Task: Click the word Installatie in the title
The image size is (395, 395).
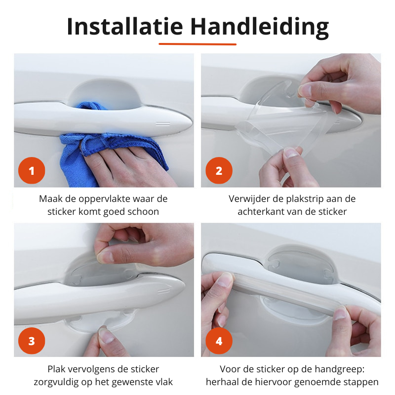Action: (125, 27)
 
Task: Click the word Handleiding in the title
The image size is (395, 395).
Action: (260, 28)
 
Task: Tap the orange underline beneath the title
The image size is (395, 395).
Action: (197, 44)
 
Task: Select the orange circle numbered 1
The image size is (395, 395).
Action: (32, 170)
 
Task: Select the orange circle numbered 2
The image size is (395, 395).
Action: (219, 170)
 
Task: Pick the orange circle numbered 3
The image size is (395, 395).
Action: (32, 341)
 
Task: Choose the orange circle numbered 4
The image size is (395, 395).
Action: (219, 341)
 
